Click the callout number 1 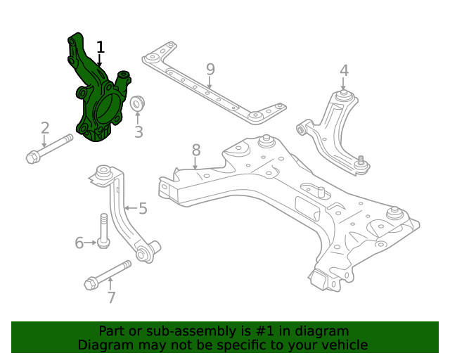point(101,48)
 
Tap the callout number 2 point(45,128)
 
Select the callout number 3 point(139,131)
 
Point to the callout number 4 point(344,70)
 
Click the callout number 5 point(143,208)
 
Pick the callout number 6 point(79,243)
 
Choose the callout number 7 point(110,297)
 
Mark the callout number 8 point(196,150)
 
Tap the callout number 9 point(210,70)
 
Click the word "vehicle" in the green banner point(344,345)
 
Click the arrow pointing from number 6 point(91,243)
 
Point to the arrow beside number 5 point(129,208)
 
